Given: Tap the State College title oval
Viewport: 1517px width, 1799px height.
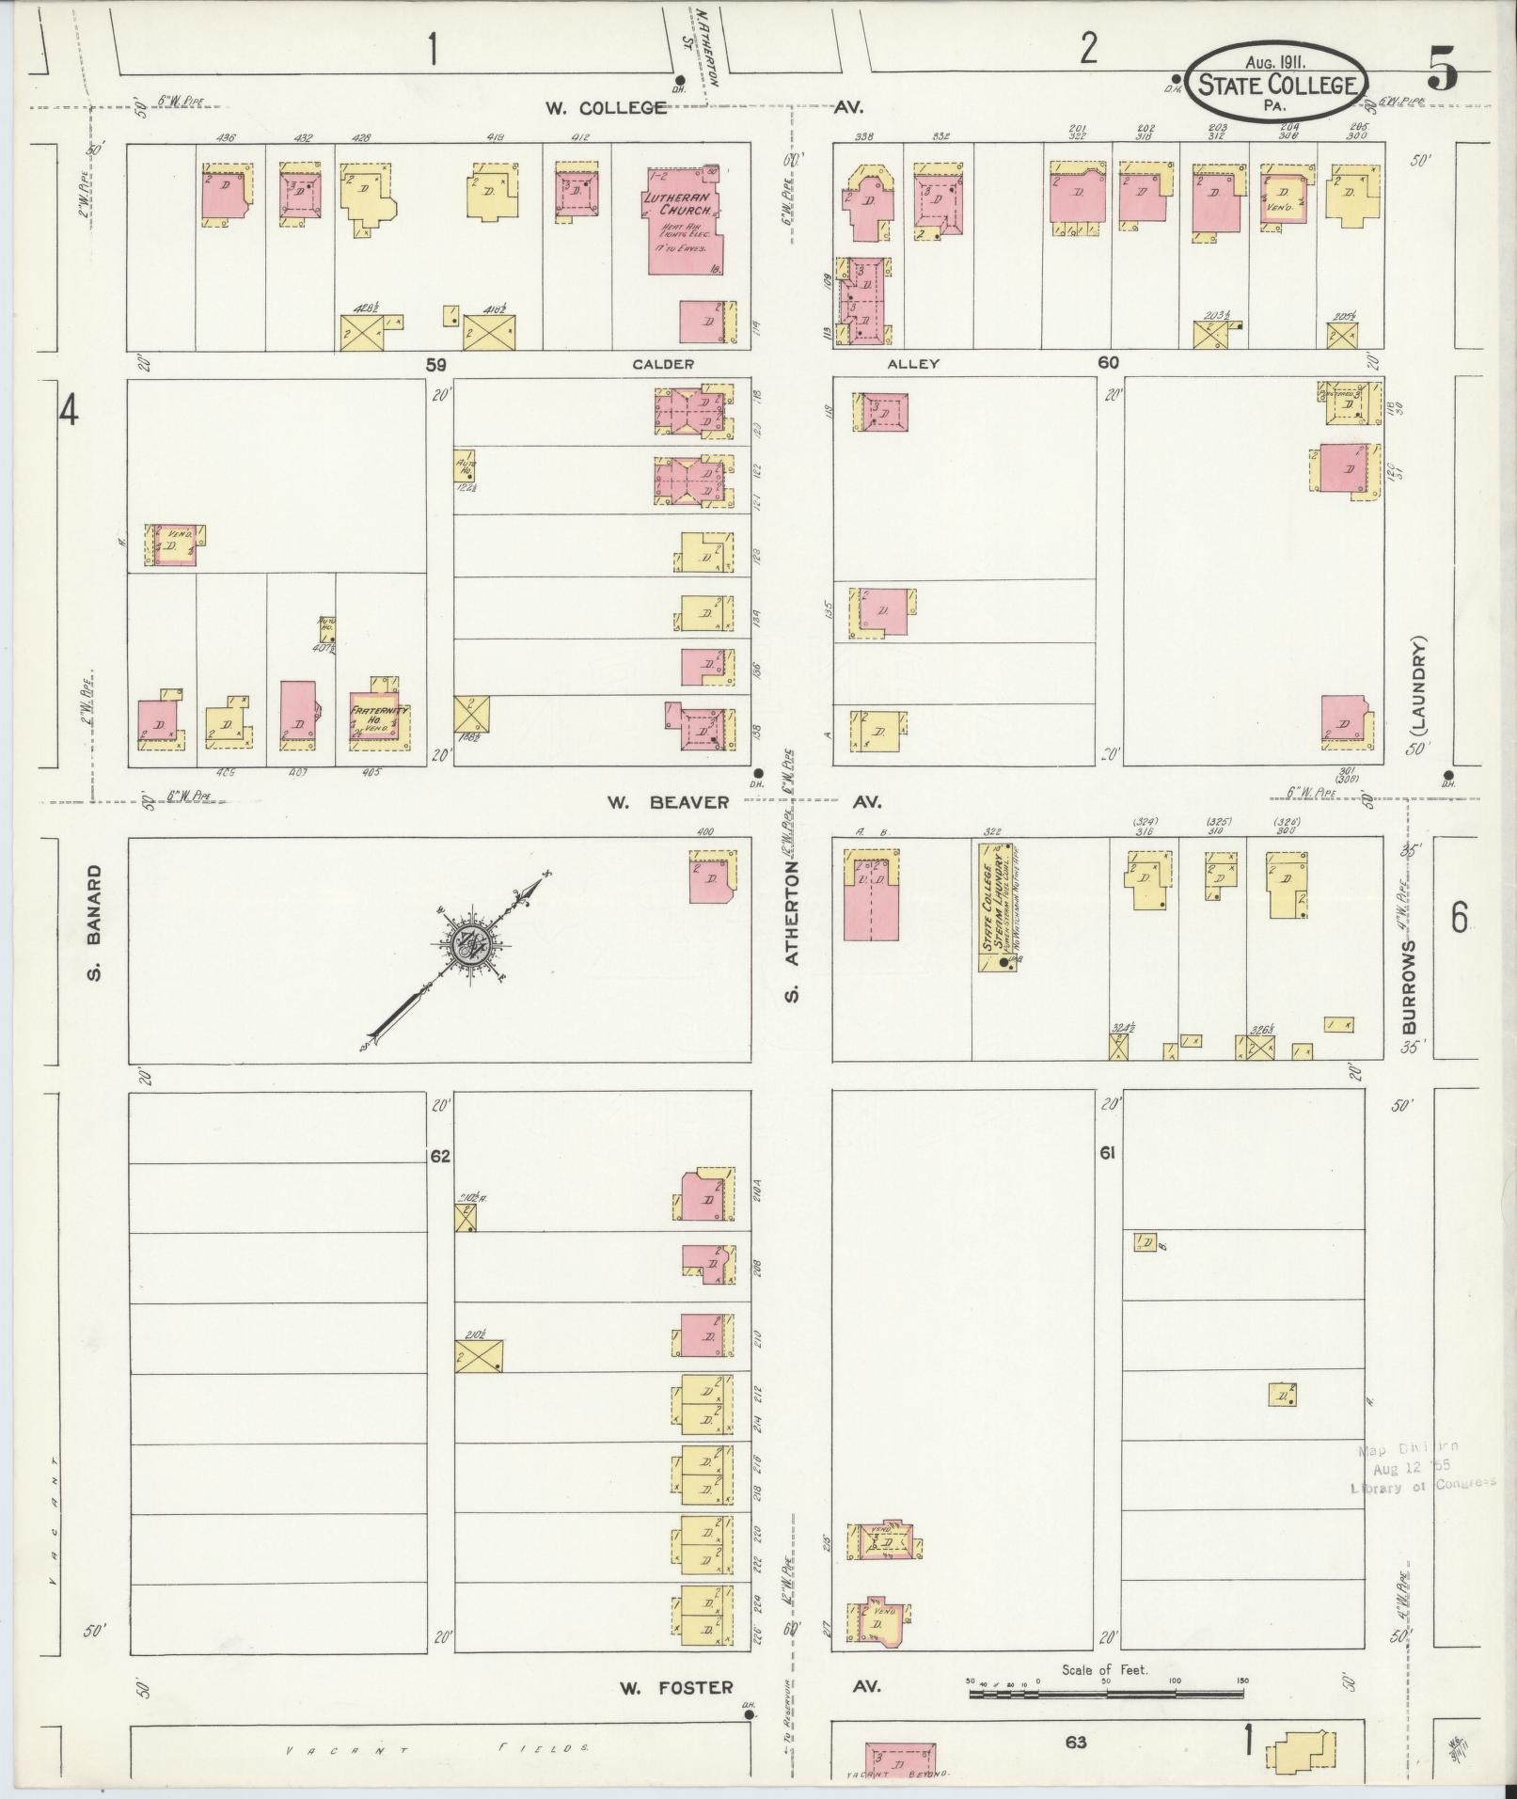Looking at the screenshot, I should (1277, 83).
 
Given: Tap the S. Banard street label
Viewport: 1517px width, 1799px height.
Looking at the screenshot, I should (94, 922).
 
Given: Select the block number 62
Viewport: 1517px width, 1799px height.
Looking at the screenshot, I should (440, 1156).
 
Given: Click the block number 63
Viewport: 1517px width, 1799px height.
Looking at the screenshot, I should (1076, 1743).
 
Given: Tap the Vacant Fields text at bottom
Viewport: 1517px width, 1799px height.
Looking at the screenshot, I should (437, 1748).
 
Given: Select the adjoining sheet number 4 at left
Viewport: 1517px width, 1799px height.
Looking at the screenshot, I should (68, 410).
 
